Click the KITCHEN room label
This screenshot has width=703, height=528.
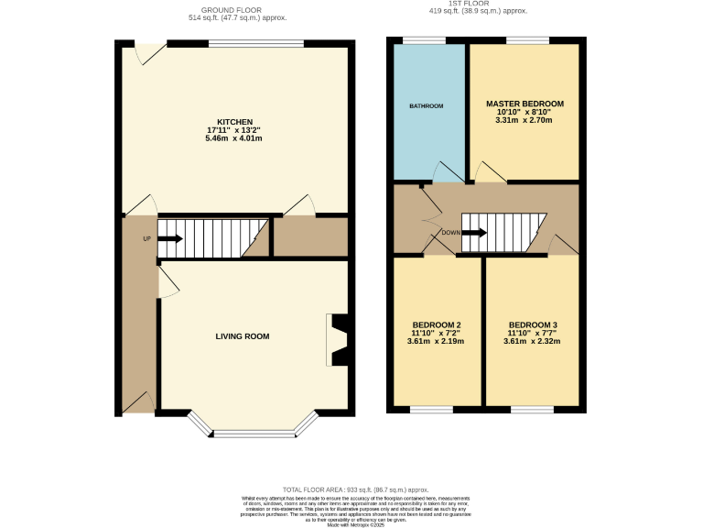pyautogui.click(x=234, y=122)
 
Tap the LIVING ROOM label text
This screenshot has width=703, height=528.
pyautogui.click(x=243, y=336)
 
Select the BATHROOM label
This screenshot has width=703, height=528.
pyautogui.click(x=426, y=106)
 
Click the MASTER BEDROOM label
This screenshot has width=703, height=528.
pyautogui.click(x=525, y=104)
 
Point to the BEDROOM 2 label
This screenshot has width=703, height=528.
pyautogui.click(x=436, y=325)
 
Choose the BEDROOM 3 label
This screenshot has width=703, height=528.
pyautogui.click(x=533, y=325)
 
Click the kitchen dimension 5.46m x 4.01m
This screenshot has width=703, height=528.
pyautogui.click(x=234, y=139)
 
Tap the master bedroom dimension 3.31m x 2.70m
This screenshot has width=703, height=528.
pyautogui.click(x=525, y=120)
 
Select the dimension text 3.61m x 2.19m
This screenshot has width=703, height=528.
pyautogui.click(x=436, y=342)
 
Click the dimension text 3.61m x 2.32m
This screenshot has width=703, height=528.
pyautogui.click(x=533, y=342)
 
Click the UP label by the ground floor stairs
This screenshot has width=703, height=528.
pyautogui.click(x=146, y=239)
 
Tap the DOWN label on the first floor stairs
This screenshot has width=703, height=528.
pyautogui.click(x=451, y=233)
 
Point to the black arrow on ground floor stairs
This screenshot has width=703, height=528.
pyautogui.click(x=170, y=239)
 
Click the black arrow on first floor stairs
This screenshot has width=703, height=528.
pyautogui.click(x=474, y=233)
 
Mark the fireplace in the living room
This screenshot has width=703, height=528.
pyautogui.click(x=338, y=340)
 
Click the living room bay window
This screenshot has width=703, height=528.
pyautogui.click(x=253, y=432)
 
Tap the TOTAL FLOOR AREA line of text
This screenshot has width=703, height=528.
pyautogui.click(x=355, y=490)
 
